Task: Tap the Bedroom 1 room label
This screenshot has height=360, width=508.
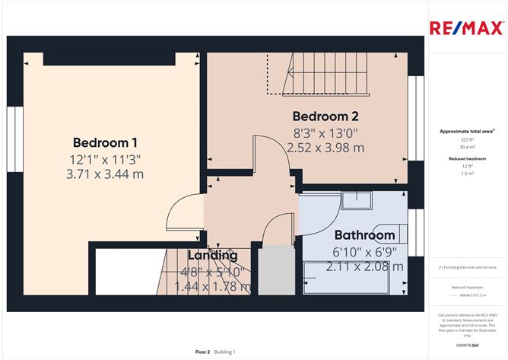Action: click(105, 142)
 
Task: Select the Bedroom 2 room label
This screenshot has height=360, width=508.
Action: click(325, 116)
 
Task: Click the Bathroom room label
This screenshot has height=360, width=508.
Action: click(364, 235)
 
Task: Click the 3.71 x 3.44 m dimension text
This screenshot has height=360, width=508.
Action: click(105, 174)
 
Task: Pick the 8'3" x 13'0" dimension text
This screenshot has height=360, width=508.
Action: click(325, 132)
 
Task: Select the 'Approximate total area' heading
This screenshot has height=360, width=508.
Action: click(466, 131)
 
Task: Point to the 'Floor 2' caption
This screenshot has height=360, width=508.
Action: click(202, 352)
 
